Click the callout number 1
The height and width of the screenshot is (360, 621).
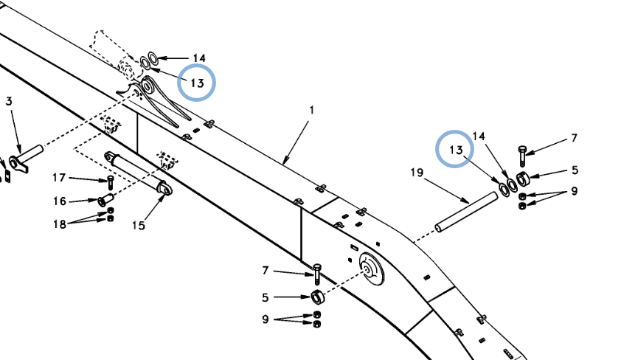(311, 110)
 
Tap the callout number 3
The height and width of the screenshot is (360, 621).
(9, 101)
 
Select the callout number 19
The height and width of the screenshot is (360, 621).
(417, 173)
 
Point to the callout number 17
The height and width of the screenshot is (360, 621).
(60, 176)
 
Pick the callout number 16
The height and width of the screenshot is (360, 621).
(60, 201)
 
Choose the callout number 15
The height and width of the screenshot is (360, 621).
(138, 225)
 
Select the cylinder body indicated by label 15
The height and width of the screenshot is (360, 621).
(136, 171)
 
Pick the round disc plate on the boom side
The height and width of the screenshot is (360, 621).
(371, 271)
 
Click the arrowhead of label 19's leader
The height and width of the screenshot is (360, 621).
(469, 203)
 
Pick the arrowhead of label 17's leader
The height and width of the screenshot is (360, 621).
(106, 179)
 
